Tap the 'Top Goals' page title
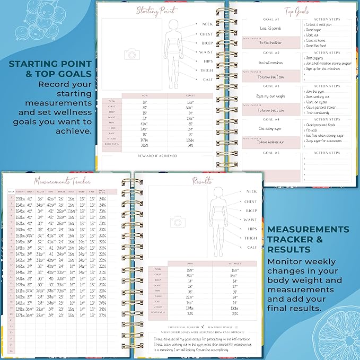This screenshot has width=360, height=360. pyautogui.click(x=297, y=11)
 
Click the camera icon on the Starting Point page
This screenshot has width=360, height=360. pyautogui.click(x=130, y=54)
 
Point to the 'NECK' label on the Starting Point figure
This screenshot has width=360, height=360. pyautogui.click(x=206, y=24)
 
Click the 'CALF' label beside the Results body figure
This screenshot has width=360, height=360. pyautogui.click(x=251, y=247)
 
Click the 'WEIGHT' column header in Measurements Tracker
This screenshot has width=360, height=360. pyautogui.click(x=20, y=191)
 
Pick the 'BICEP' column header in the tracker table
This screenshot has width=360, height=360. pyautogui.click(x=81, y=191)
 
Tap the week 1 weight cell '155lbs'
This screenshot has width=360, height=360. pyautogui.click(x=20, y=198)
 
